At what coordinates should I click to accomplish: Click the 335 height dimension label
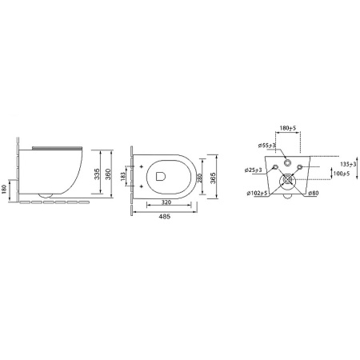[x=97, y=174]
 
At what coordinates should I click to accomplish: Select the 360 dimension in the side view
[x=108, y=174]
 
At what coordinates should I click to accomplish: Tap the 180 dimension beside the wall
[x=4, y=189]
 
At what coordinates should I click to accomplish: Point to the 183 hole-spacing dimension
[x=123, y=177]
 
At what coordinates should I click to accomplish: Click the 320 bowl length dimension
[x=166, y=202]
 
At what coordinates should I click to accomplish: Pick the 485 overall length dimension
[x=165, y=217]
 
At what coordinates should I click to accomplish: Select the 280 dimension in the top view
[x=200, y=178]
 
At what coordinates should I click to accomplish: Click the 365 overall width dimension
[x=213, y=178]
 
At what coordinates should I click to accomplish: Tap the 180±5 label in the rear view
[x=288, y=128]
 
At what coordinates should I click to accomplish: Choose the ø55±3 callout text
[x=267, y=146]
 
